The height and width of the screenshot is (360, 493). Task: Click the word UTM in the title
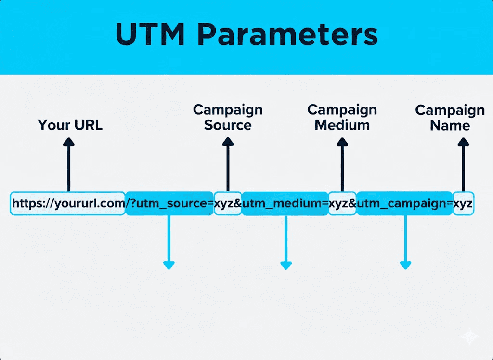point(149,35)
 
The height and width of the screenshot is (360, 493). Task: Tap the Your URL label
point(70,125)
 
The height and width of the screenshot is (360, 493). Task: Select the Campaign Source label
point(228,117)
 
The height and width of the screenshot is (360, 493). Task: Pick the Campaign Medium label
point(342,117)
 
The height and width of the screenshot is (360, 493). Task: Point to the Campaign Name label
point(450,118)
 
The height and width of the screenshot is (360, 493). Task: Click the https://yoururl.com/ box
point(68,203)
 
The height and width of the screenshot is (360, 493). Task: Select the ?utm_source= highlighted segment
point(169,203)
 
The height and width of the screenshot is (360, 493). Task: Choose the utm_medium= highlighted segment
point(285,203)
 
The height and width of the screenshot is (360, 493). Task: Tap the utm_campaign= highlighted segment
point(404,203)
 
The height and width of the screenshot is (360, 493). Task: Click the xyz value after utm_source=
point(227,203)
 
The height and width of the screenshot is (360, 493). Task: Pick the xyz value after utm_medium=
point(342,203)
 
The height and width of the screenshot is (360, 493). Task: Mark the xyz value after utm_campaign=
point(463,203)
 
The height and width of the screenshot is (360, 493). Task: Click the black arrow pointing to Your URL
point(69,164)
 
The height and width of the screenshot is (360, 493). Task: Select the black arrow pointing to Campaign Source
point(228,164)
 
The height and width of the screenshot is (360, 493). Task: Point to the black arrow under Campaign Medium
point(342,164)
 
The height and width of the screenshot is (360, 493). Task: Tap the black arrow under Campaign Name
point(463,164)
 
